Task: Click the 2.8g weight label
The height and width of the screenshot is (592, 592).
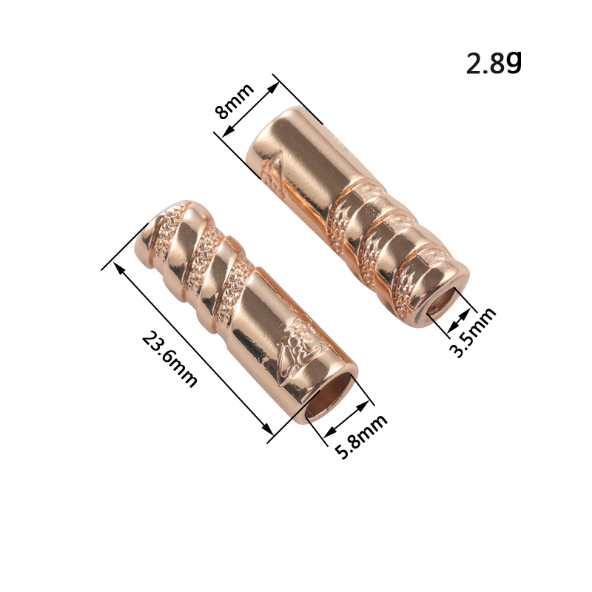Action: (x=494, y=62)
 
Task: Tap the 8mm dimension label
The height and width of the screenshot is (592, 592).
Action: (x=235, y=101)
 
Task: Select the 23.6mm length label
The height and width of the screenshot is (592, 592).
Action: (x=169, y=359)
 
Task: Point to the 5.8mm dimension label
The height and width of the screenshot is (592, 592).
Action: (x=361, y=437)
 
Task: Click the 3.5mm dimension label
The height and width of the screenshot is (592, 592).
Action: (x=473, y=332)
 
